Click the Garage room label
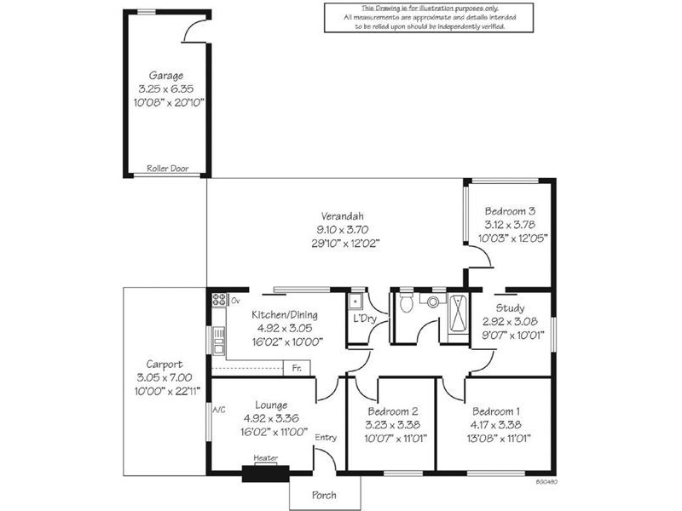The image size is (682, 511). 165,76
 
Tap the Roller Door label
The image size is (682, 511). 167,168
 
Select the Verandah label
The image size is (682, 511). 343,216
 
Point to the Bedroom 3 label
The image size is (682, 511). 510,211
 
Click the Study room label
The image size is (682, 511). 510,308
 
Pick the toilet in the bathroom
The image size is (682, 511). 407,302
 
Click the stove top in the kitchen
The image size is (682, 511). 219,300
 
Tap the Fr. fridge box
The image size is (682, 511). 297,368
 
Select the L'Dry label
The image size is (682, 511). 365,319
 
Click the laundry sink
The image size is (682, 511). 355,301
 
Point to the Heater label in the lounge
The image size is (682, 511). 266,457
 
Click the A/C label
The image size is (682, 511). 219,410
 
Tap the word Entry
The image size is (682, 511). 326,438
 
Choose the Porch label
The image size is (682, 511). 324,495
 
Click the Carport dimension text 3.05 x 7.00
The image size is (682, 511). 164,377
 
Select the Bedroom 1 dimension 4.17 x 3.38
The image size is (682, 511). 495,424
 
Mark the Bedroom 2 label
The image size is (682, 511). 393,411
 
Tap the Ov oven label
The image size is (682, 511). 235,301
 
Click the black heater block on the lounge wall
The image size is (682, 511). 266,474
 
